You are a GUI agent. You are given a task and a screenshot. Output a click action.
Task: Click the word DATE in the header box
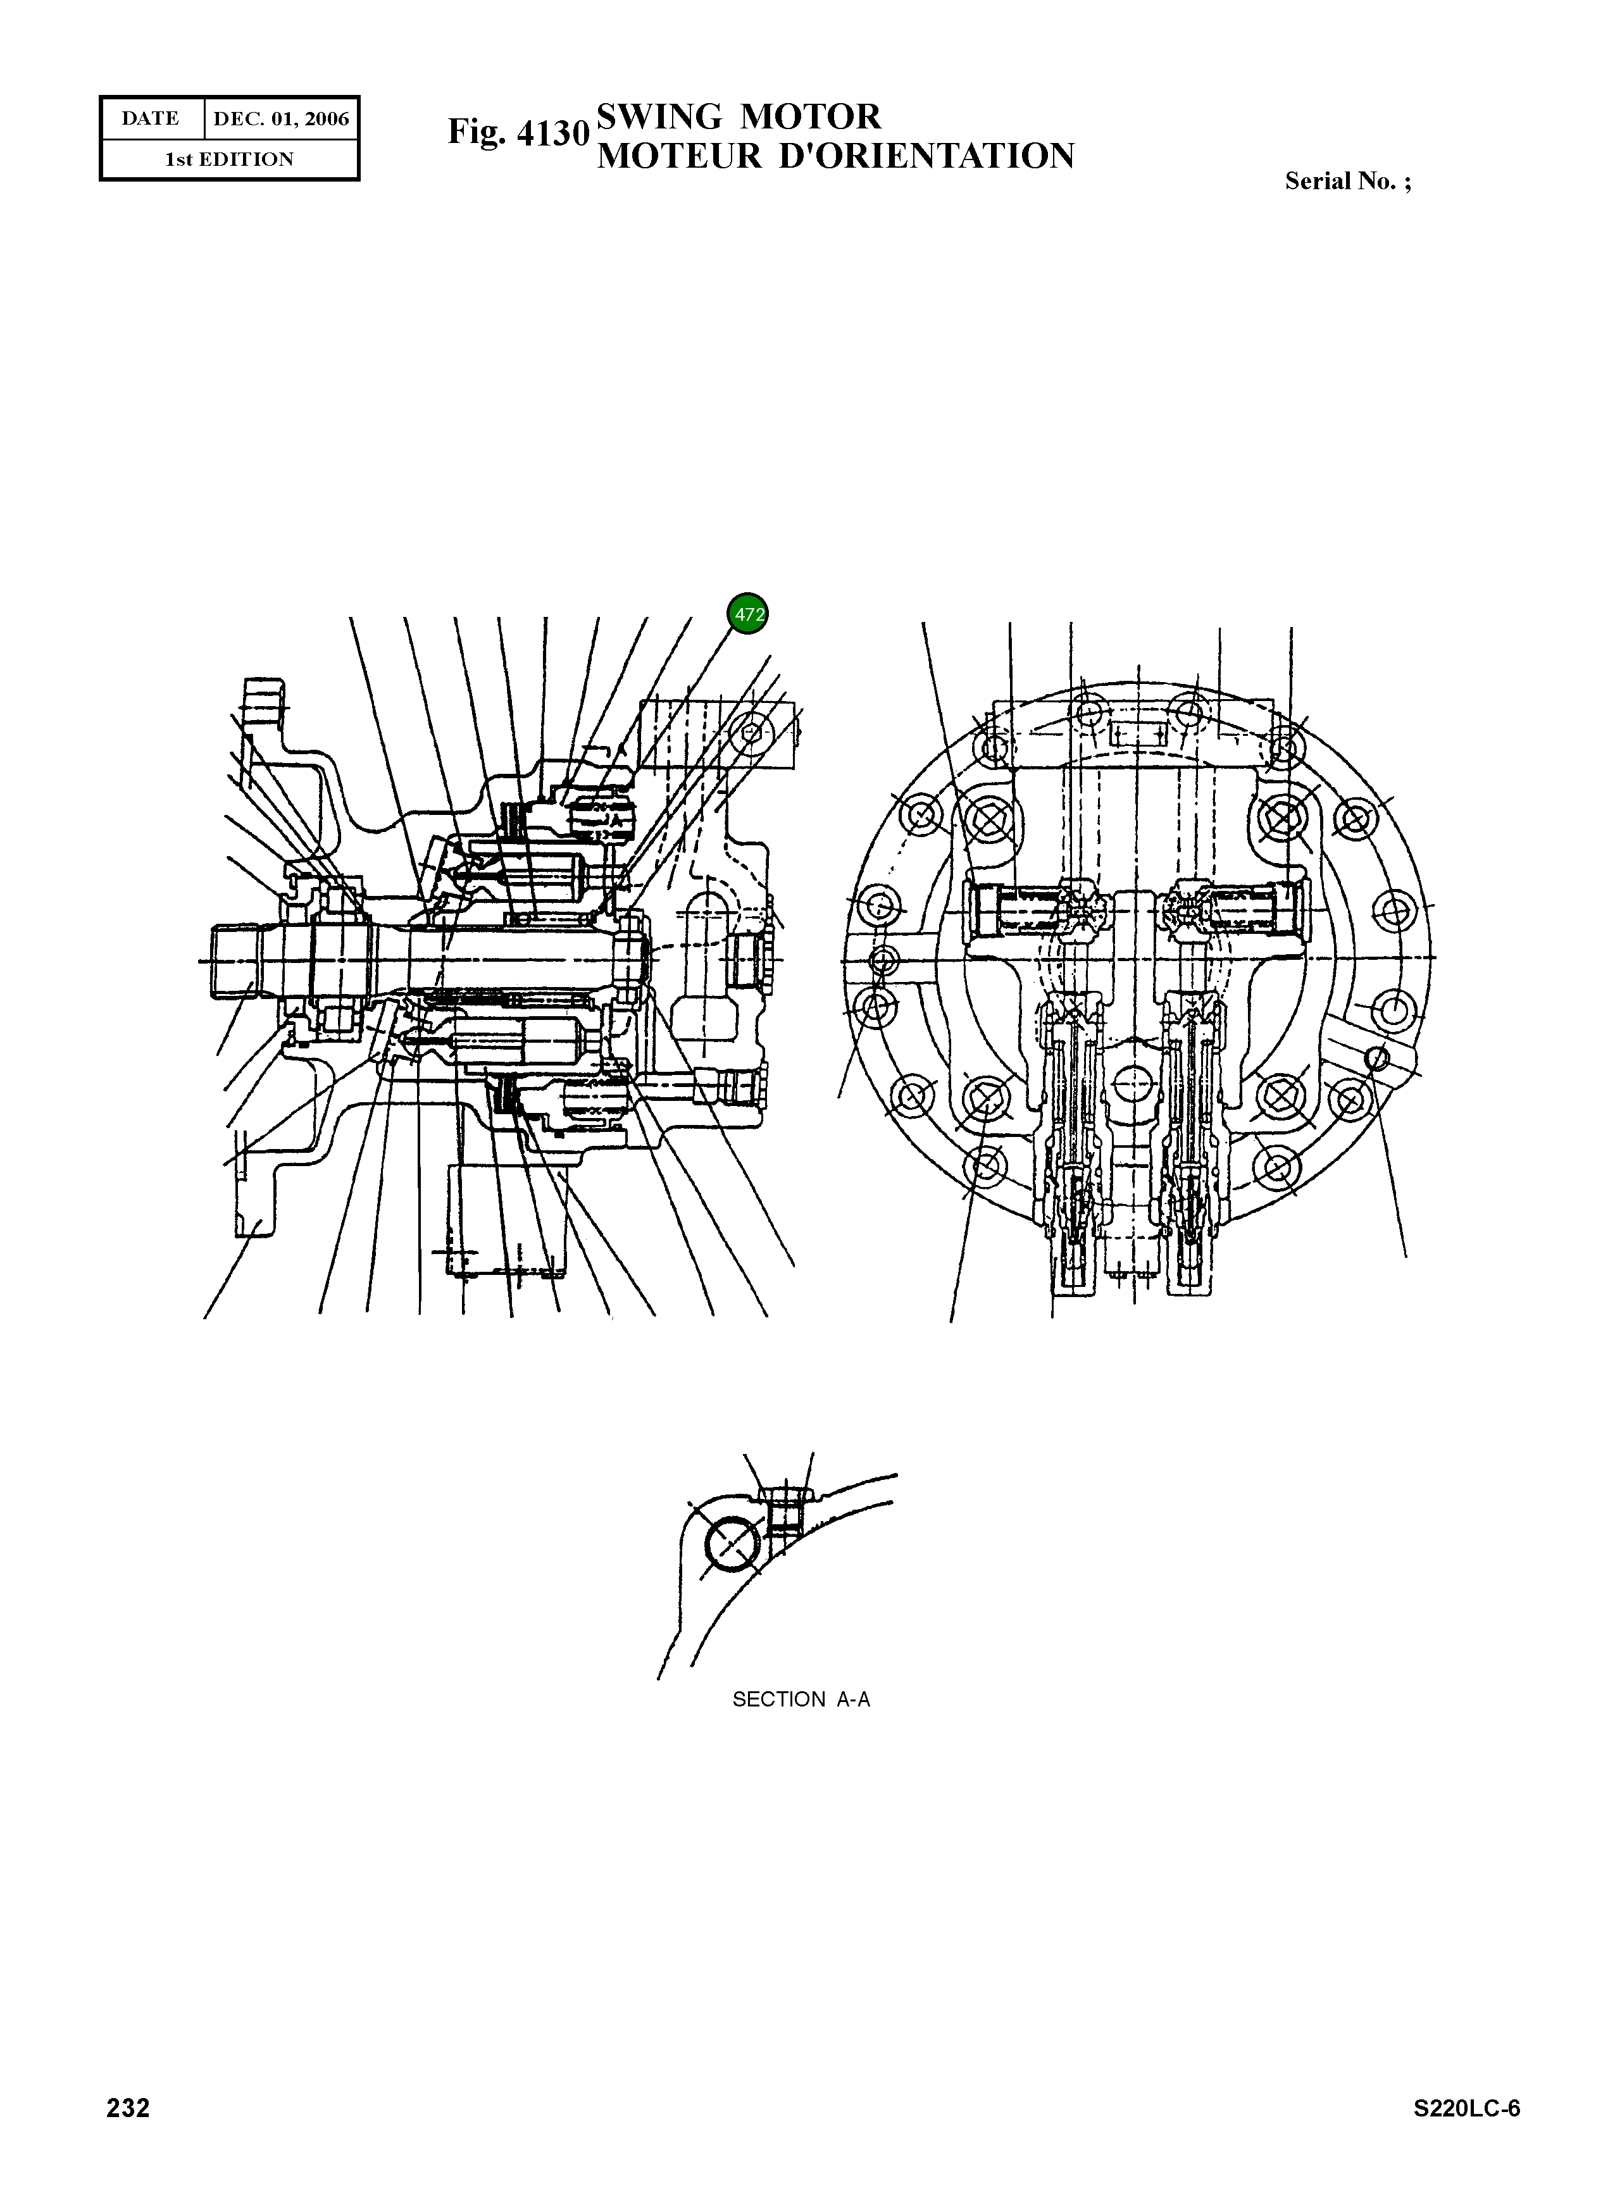151,119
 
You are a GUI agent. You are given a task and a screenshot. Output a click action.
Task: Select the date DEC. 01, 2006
280,119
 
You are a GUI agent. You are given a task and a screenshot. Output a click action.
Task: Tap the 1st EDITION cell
228,159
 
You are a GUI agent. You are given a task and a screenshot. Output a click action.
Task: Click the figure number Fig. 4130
518,132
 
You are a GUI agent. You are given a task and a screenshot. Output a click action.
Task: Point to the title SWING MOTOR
738,117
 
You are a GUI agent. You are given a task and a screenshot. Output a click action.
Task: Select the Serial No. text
1347,181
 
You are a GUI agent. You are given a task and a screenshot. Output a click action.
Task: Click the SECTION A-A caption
801,1699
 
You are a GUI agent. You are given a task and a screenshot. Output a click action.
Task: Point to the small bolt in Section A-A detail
782,1510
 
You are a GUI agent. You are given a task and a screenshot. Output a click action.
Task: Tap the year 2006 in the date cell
325,119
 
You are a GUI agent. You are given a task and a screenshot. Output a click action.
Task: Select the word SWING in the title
660,117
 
